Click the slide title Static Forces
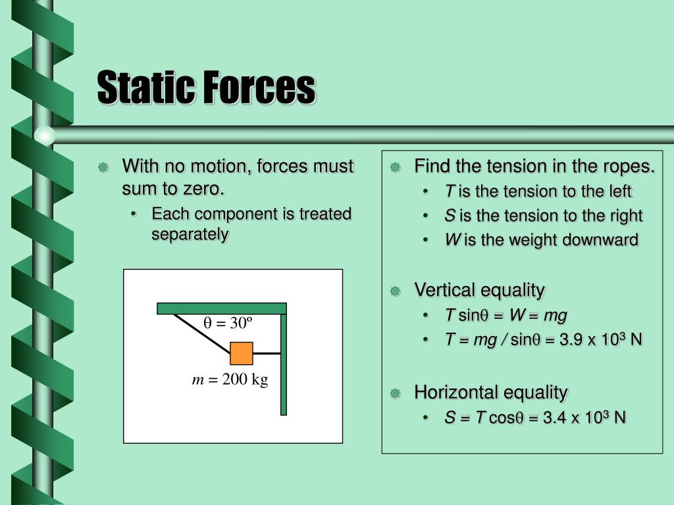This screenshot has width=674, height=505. point(206,88)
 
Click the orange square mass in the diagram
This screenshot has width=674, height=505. point(242,353)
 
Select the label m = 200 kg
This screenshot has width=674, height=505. point(230,380)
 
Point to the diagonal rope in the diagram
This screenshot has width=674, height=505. point(201,333)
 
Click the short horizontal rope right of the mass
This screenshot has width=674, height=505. point(267,353)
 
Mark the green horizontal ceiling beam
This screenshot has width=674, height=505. point(221,308)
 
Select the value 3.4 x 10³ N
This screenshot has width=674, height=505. point(584,418)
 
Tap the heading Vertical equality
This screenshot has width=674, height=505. point(479,290)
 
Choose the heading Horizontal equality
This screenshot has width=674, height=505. point(490,393)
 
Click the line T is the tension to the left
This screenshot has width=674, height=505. point(538,191)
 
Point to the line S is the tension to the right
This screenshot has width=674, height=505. point(543,216)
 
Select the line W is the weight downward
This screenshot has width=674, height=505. point(541,240)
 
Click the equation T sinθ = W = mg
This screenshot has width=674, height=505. point(505,316)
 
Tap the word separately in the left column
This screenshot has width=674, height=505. point(190,235)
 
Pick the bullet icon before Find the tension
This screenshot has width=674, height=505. point(395,167)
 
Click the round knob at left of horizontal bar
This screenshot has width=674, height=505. point(44,135)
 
